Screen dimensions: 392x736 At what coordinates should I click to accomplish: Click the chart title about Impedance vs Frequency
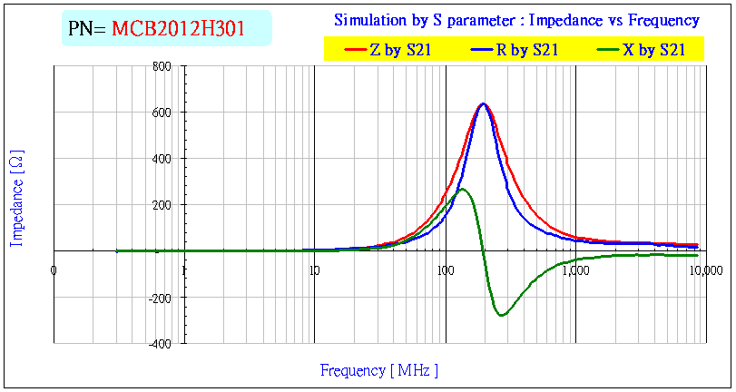tap(516, 20)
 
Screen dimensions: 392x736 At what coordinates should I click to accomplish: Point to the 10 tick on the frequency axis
tap(314, 269)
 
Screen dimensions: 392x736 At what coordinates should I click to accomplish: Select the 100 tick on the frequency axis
tap(445, 269)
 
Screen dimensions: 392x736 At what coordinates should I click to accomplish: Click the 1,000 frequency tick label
tap(575, 269)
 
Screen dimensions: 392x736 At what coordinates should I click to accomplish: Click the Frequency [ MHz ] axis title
tap(378, 370)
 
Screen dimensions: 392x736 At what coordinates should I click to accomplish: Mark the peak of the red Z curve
tap(482, 104)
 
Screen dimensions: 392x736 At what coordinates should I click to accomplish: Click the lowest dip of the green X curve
tap(501, 316)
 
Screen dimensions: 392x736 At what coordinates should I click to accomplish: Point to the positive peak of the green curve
tap(463, 189)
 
